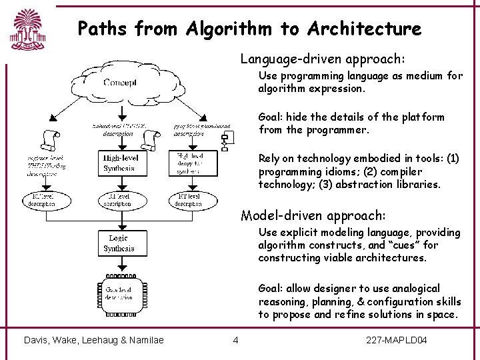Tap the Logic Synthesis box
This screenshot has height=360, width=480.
tap(119, 243)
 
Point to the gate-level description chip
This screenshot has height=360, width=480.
tap(119, 293)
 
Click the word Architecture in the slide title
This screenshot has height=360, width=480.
tap(365, 29)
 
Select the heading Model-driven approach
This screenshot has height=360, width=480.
tap(313, 215)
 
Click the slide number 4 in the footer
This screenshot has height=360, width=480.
tap(235, 341)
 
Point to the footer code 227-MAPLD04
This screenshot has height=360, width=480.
tap(397, 341)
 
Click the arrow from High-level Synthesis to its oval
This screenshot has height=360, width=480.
tap(119, 183)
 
